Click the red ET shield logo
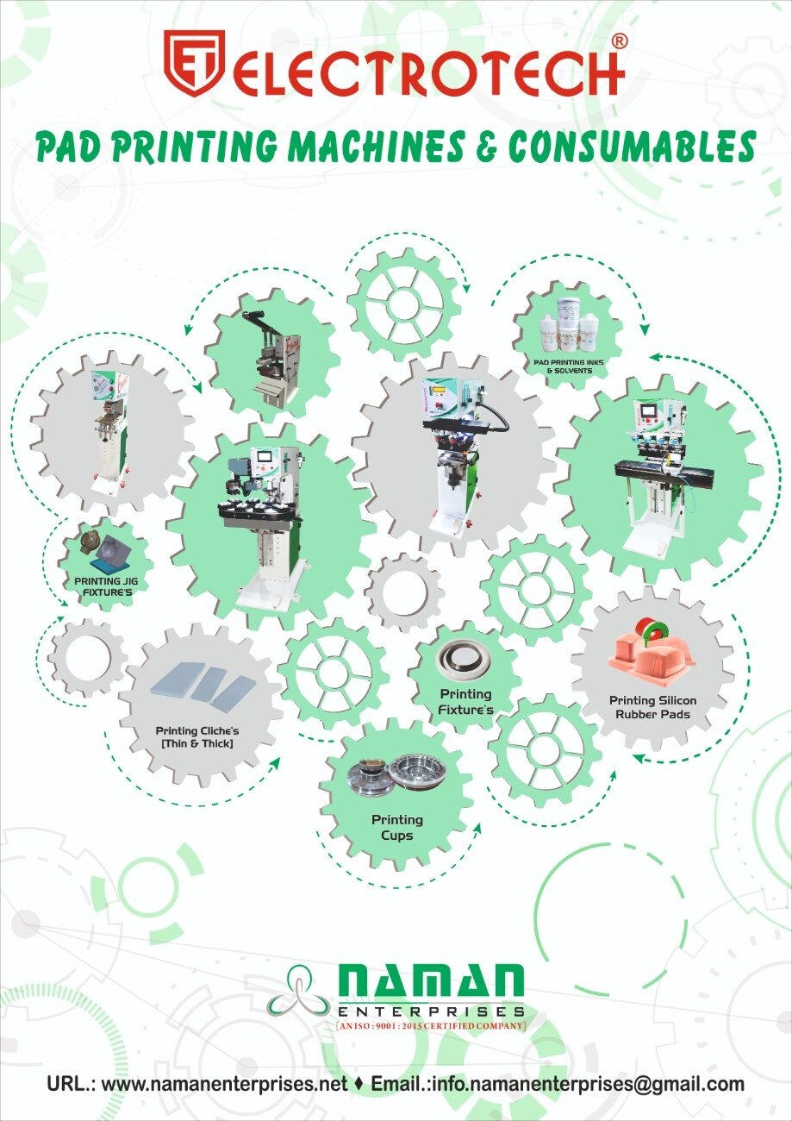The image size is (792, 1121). (194, 63)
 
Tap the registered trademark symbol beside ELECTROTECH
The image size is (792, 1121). (619, 41)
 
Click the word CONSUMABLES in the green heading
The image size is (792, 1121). (632, 147)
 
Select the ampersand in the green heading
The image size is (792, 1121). (484, 147)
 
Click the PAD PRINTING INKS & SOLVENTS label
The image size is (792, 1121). (569, 366)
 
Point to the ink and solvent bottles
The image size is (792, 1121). (569, 323)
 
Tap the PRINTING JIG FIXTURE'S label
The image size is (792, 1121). (106, 587)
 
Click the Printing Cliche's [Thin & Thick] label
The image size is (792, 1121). (197, 737)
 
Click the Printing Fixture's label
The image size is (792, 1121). (466, 702)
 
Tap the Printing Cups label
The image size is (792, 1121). (397, 827)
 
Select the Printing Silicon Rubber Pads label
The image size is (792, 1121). (652, 707)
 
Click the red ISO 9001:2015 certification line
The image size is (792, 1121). (431, 1026)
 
